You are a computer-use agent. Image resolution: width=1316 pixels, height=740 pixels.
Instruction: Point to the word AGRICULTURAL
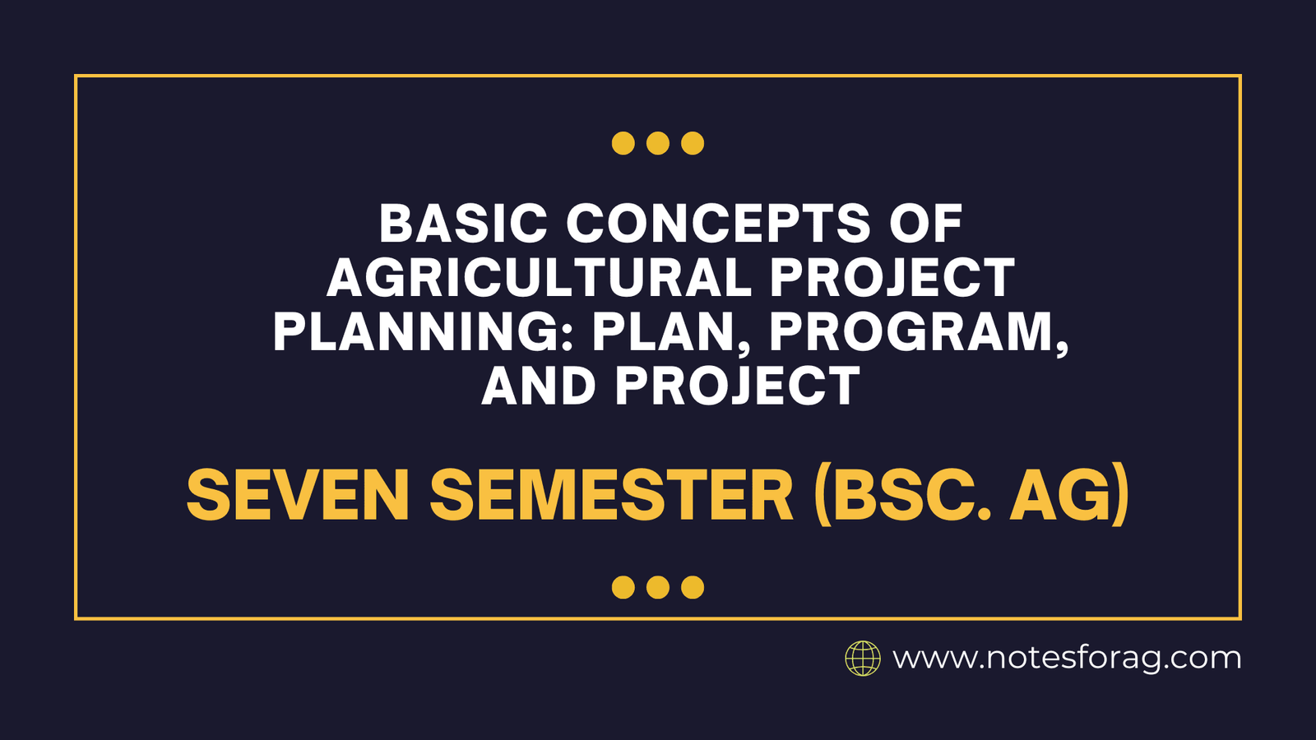pos(539,278)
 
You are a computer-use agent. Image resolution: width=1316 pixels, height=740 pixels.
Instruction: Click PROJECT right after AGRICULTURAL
pos(892,278)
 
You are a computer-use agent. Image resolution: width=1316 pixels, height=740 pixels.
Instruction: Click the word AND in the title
pos(539,386)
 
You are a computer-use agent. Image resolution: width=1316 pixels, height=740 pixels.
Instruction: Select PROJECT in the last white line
pos(737,386)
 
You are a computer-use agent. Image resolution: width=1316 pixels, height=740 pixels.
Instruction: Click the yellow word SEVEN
pos(298,496)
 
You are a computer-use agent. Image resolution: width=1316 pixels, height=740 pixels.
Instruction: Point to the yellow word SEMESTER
pos(611,496)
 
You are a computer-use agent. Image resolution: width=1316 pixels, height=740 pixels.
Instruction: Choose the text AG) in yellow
pos(1069,496)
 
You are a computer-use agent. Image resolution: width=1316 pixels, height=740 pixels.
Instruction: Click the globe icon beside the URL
pos(863,659)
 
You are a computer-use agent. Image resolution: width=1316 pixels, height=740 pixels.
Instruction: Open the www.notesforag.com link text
pos(1067,659)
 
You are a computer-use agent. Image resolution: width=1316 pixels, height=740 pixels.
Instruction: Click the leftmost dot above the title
pos(623,143)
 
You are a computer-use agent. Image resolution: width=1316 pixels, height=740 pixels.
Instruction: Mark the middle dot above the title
pos(658,143)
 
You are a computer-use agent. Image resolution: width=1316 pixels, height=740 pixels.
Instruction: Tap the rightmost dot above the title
pos(693,143)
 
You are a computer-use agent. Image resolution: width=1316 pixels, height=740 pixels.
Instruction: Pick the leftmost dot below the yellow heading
pos(623,587)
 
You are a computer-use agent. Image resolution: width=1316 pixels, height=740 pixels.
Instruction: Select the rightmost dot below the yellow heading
pos(693,587)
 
